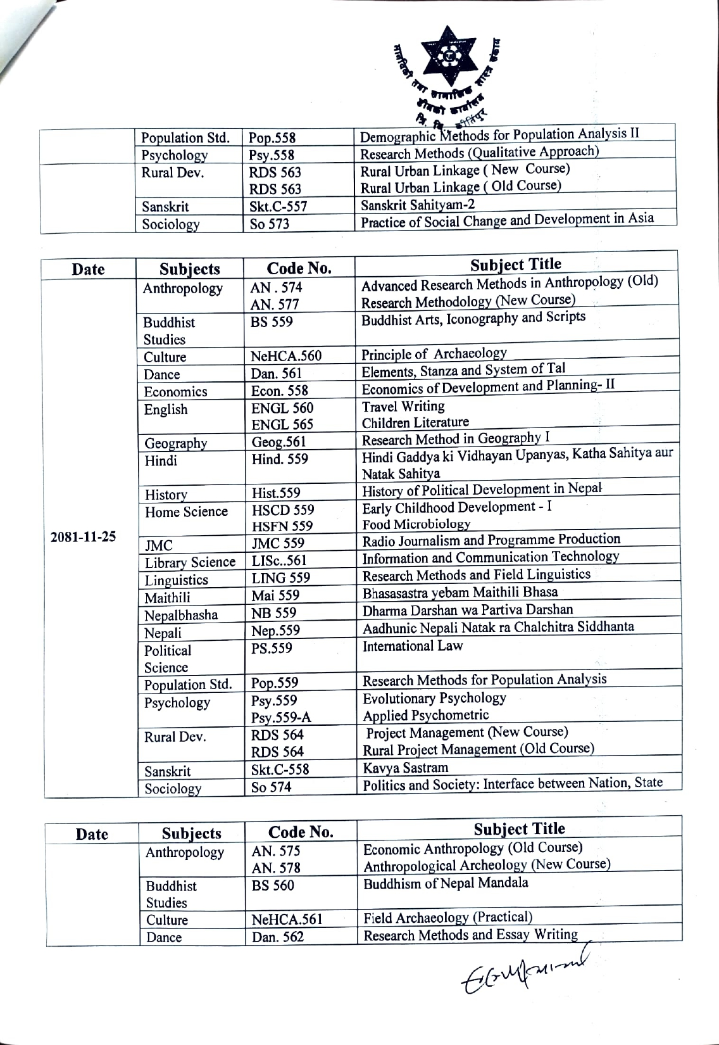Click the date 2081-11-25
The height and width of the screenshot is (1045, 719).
[83, 537]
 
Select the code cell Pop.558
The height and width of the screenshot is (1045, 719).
[272, 138]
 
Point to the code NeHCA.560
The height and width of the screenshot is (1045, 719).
[286, 356]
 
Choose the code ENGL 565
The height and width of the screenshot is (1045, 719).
[282, 424]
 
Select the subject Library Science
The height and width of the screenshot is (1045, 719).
[190, 562]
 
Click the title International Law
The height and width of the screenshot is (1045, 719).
[413, 646]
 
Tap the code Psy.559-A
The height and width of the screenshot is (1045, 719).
[281, 718]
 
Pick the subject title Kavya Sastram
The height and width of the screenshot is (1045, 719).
[406, 768]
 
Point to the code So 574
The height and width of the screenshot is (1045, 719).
[271, 787]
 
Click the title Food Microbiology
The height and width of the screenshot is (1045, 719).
[416, 524]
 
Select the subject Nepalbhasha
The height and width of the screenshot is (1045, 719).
[181, 615]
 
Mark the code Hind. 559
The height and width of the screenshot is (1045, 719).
[280, 459]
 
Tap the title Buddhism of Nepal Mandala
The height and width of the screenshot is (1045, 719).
[446, 883]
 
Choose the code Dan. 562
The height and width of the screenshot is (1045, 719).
[278, 937]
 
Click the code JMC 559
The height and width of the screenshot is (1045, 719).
[278, 543]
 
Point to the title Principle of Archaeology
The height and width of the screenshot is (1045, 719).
[434, 354]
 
